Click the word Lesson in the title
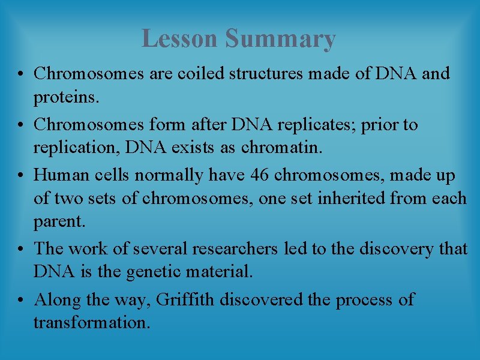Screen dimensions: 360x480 [x=181, y=39]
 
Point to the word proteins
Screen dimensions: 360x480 [x=63, y=97]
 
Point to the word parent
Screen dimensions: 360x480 [x=59, y=222]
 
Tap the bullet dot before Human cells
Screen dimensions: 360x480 [x=20, y=175]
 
